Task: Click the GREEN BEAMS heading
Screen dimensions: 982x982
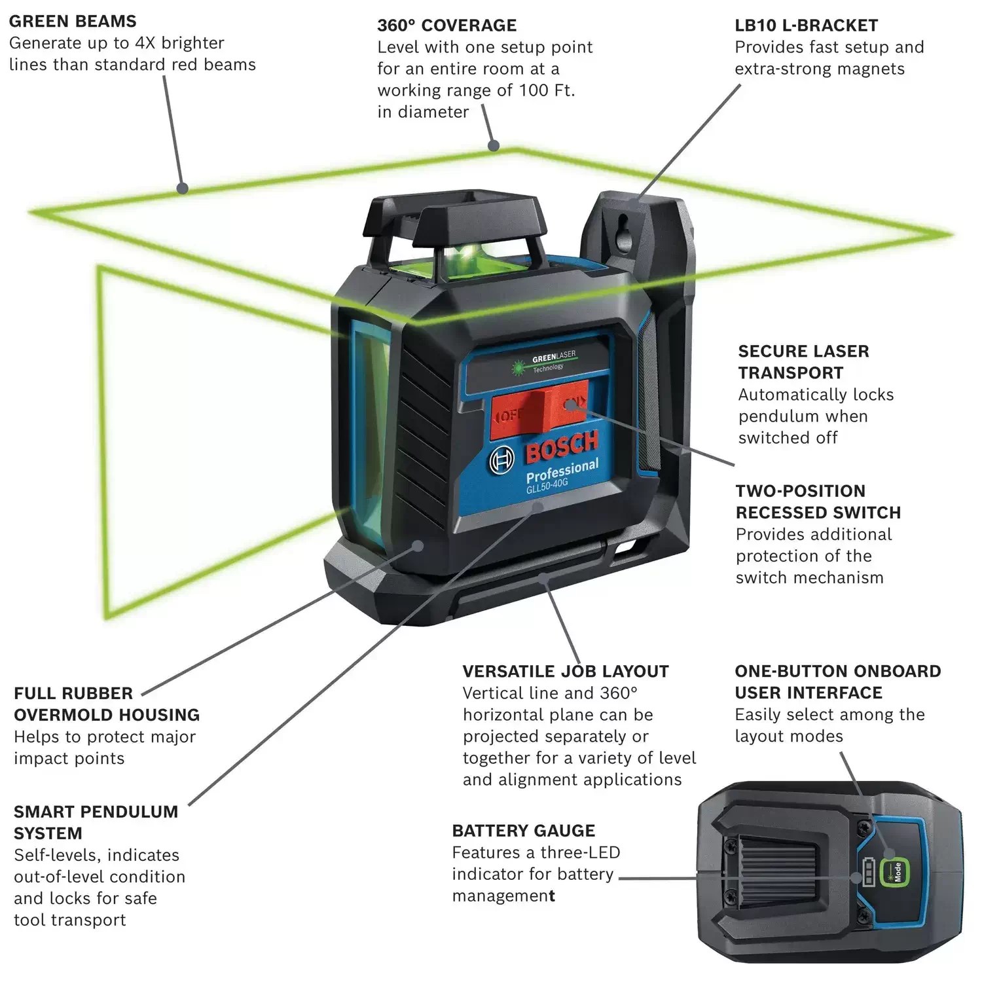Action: pos(73,22)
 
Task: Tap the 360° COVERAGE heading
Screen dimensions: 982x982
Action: pos(446,26)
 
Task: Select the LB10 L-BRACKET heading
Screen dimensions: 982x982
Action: pos(806,26)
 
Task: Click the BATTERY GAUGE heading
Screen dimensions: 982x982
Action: pos(523,831)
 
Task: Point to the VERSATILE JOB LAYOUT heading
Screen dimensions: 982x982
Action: pos(566,672)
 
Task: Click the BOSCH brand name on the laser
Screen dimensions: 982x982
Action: pos(562,447)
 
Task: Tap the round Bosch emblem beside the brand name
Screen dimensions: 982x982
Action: pos(502,461)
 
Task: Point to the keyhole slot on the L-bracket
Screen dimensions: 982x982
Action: pos(623,237)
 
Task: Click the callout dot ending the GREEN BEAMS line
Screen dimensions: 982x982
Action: pos(183,189)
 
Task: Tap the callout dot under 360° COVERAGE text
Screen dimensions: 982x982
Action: pos(494,145)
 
